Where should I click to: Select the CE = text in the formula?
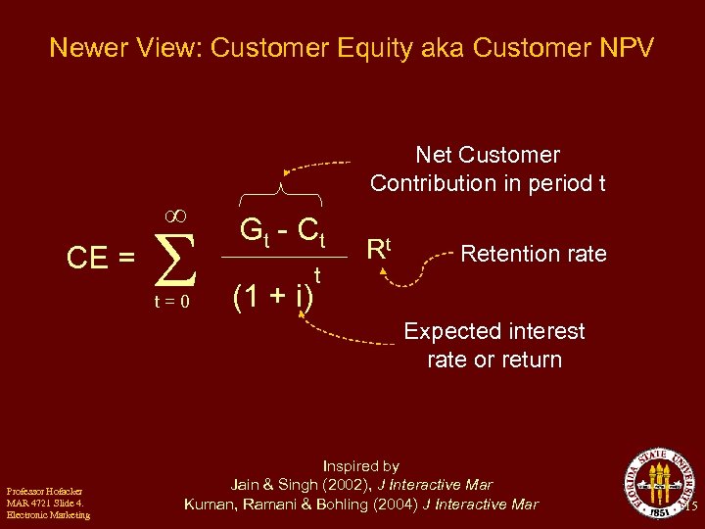click(100, 259)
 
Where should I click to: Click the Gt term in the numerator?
click(254, 231)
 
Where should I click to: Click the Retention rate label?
click(534, 254)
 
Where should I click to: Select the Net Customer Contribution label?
click(488, 168)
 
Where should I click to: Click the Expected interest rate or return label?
click(494, 345)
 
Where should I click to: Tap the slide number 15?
click(691, 506)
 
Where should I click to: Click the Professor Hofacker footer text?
click(47, 503)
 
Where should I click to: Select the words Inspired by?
click(361, 466)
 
